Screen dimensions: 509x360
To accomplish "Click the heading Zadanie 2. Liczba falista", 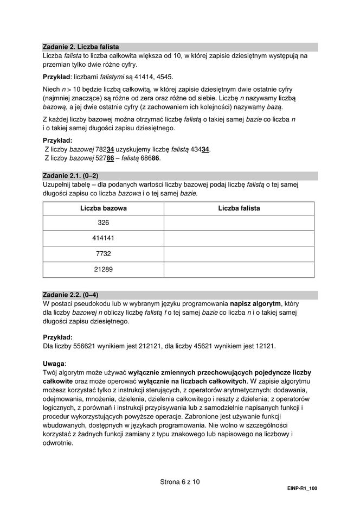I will [80, 47].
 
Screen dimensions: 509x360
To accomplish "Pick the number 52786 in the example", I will [103, 158].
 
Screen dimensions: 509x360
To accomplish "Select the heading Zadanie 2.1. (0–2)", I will [70, 176].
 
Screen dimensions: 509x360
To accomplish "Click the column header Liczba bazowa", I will [103, 208].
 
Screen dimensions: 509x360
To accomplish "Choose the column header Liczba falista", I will [239, 208].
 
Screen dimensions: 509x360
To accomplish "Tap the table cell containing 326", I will [103, 223].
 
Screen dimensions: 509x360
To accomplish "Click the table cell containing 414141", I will [103, 238].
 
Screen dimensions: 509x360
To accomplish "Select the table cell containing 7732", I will [103, 253].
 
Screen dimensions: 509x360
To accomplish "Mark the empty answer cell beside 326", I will [239, 223].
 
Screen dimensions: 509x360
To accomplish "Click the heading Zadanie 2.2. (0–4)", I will [70, 295].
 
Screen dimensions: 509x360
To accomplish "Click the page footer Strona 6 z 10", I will [180, 481].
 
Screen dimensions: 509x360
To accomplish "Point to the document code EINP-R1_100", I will [302, 489].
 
